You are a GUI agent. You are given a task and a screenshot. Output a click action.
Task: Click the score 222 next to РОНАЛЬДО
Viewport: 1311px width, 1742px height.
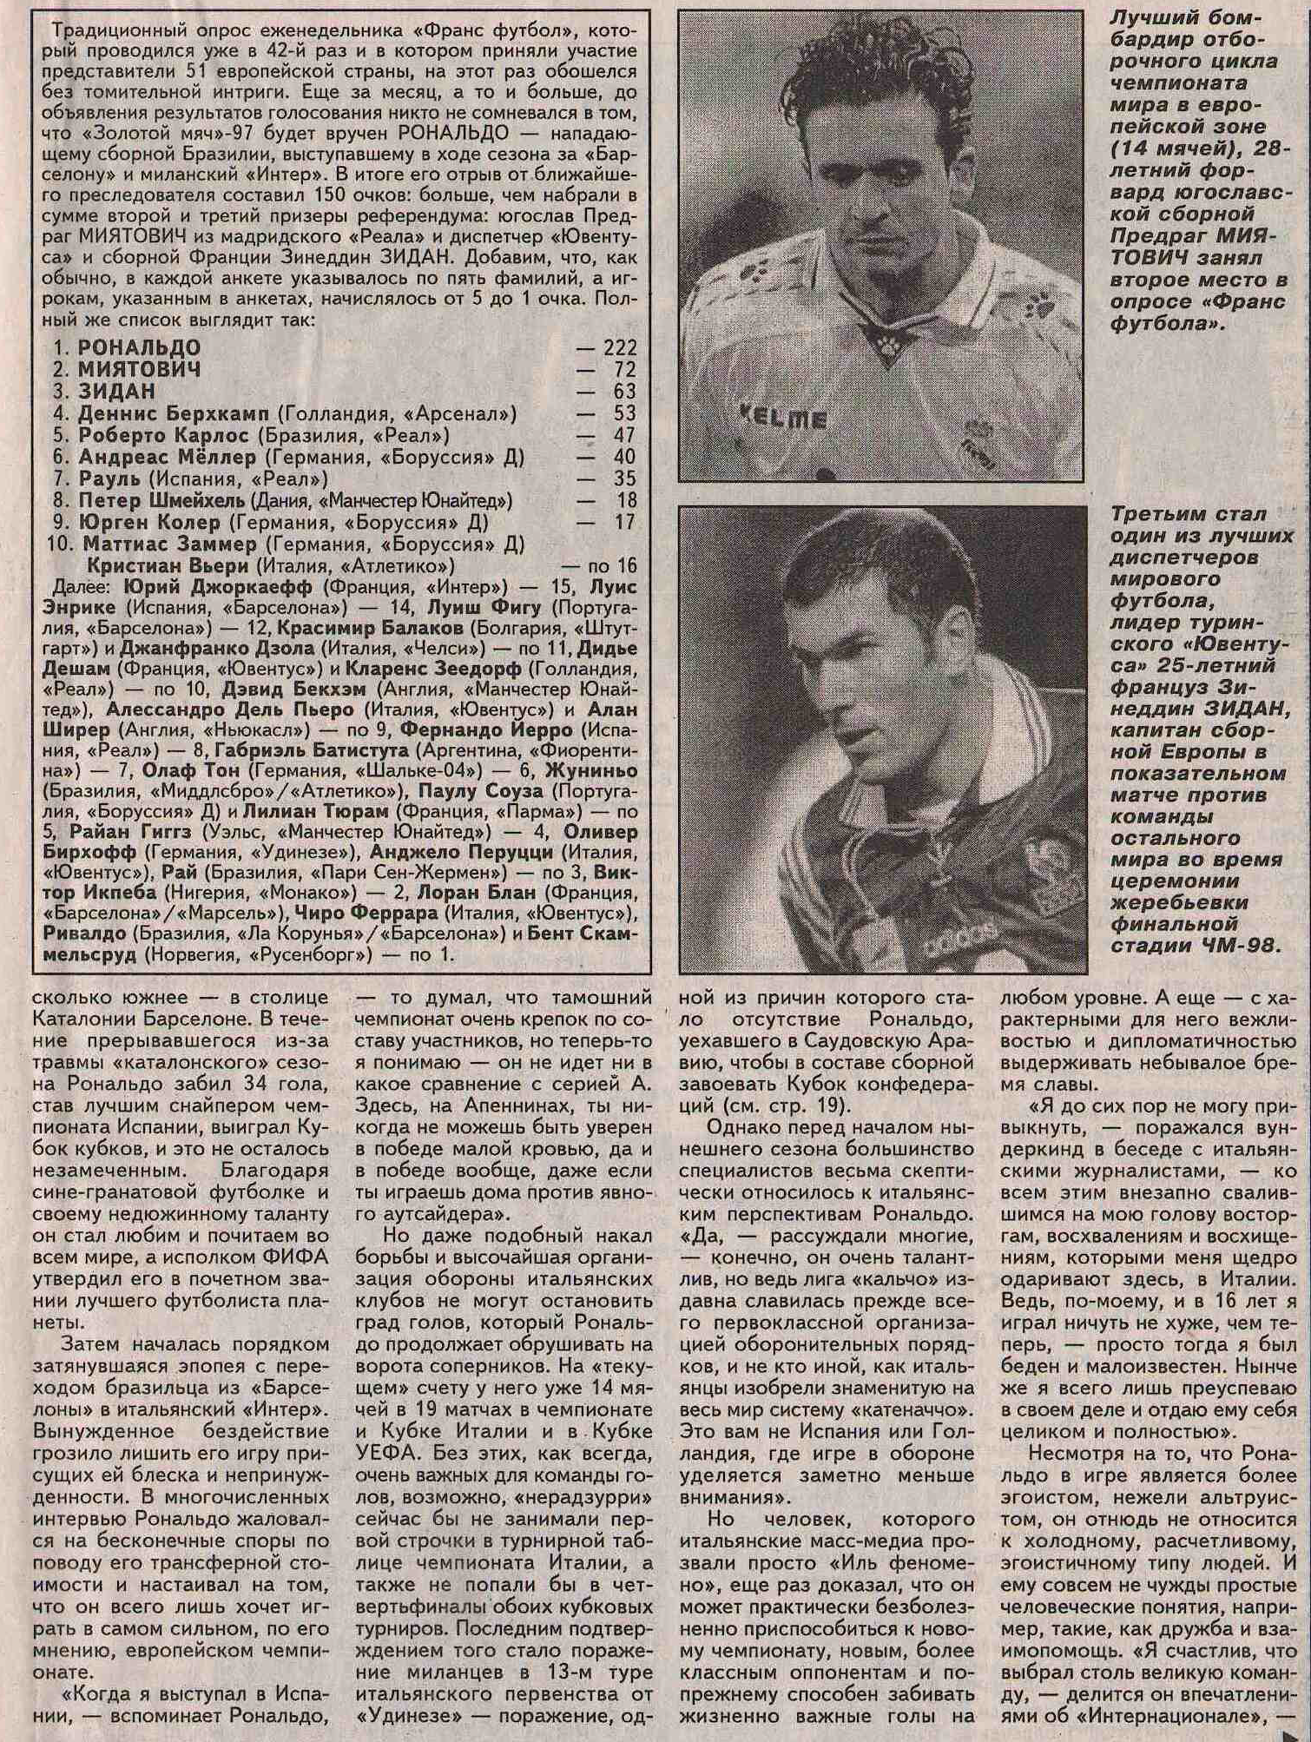pos(620,348)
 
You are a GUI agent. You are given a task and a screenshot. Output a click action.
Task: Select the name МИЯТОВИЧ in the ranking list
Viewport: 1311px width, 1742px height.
pos(139,370)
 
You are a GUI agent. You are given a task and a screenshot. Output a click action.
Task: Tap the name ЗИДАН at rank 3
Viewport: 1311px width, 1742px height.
pos(116,392)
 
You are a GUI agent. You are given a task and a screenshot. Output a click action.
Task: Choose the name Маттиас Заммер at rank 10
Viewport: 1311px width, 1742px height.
pos(169,544)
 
